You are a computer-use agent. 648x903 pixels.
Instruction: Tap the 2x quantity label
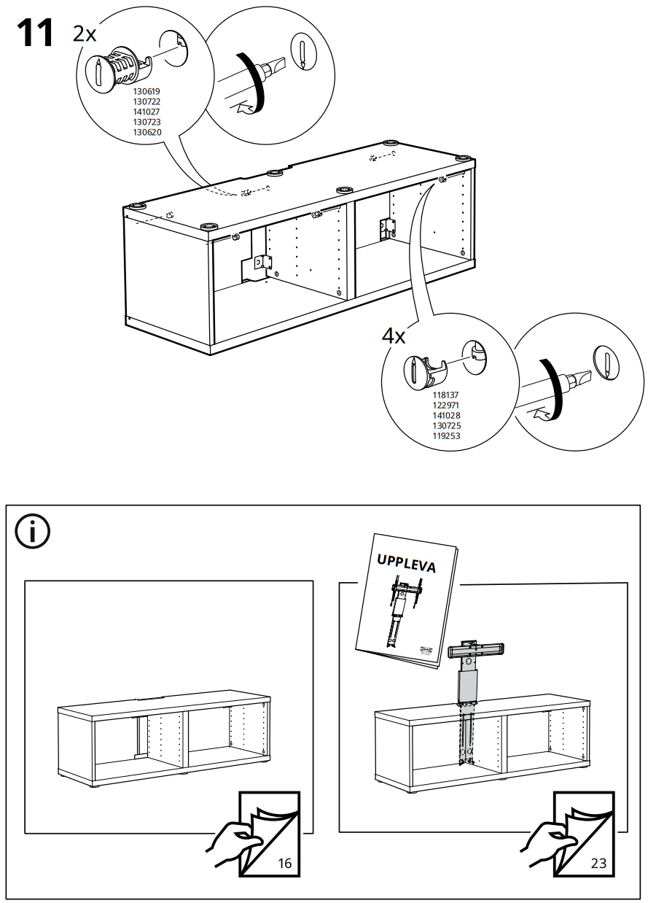click(85, 34)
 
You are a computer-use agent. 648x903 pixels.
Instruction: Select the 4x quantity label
click(394, 336)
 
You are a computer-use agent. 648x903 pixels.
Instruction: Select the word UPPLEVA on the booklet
click(407, 563)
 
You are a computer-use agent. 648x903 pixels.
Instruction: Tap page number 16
click(284, 864)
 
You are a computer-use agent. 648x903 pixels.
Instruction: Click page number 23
click(598, 864)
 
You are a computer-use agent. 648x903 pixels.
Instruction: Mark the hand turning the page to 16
click(232, 842)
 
